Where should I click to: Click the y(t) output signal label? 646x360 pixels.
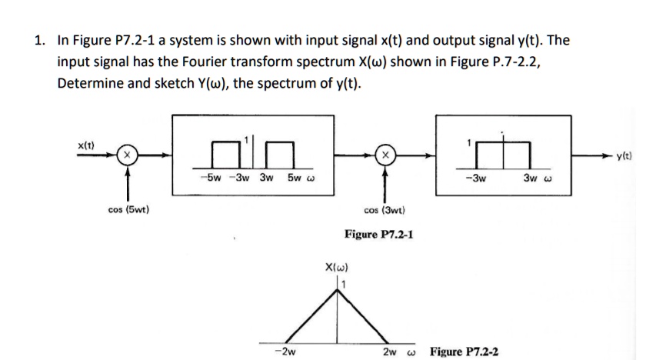click(623, 158)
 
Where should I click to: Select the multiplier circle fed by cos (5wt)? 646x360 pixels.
click(122, 156)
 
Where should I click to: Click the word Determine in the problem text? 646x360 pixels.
click(86, 82)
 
